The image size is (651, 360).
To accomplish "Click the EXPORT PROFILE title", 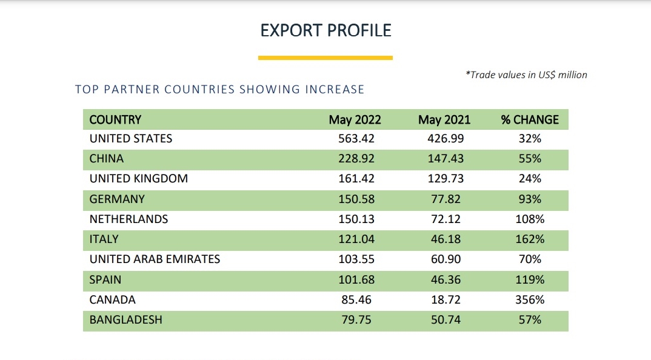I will tap(326, 30).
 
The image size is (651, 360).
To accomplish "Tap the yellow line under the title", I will tap(326, 58).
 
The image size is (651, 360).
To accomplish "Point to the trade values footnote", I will tap(526, 75).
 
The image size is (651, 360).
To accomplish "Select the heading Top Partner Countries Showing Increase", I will tap(219, 90).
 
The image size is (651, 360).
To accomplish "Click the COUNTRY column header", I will tap(115, 119).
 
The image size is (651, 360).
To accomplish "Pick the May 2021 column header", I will tap(444, 119).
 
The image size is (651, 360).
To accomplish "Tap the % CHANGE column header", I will tap(530, 119).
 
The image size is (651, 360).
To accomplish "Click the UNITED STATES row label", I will tap(131, 138).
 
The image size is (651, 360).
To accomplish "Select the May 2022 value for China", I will tap(356, 159).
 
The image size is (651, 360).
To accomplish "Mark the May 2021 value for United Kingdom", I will tap(446, 179).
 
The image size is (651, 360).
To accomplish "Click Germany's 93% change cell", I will tap(530, 199).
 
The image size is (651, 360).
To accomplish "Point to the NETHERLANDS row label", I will tap(129, 219).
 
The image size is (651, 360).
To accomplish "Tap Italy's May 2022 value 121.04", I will tap(356, 239).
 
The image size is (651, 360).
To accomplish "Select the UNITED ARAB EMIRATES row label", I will tap(155, 259).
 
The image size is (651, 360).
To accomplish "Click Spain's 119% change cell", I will tap(530, 279).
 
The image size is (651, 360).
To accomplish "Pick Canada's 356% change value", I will tap(530, 299).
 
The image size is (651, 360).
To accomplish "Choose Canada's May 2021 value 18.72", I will tap(446, 299).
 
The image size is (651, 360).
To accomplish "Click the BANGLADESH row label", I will tap(126, 319).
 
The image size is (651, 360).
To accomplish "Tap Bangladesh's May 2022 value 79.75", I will tap(356, 319).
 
